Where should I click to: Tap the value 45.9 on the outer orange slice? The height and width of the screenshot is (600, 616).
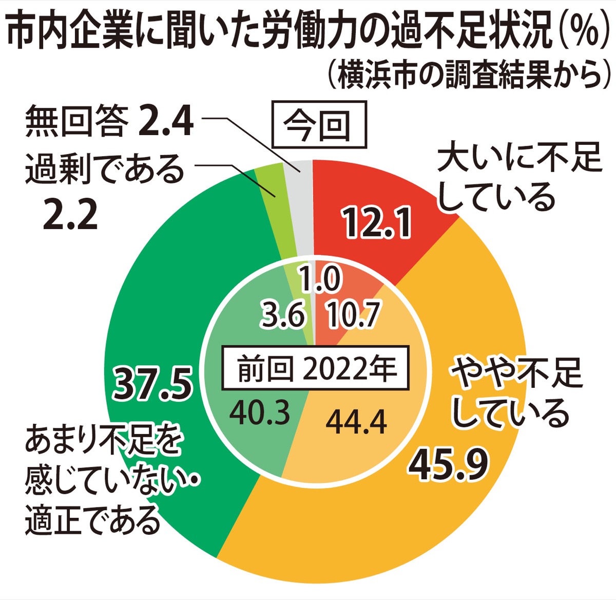coord(449,465)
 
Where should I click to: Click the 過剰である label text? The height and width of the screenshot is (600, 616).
coord(105,170)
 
